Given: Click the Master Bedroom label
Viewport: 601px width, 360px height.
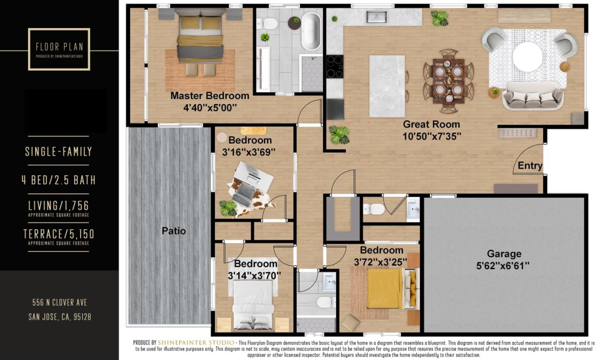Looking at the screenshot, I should pyautogui.click(x=210, y=96).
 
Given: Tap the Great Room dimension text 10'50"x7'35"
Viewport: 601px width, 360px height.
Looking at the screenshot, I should pyautogui.click(x=432, y=136).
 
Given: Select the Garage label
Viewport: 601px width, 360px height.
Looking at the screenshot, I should pyautogui.click(x=504, y=254).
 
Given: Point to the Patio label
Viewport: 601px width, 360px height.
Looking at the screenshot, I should pyautogui.click(x=174, y=231).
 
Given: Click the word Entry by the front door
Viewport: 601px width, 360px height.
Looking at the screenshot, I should pyautogui.click(x=530, y=166).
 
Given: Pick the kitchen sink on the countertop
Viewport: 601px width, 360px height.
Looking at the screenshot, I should pyautogui.click(x=377, y=17).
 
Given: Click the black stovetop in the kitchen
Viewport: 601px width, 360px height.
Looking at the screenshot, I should pyautogui.click(x=335, y=67).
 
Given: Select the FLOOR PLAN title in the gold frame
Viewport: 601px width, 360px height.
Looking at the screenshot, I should pyautogui.click(x=59, y=47).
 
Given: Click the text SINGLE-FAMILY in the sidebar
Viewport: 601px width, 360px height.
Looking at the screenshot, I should pyautogui.click(x=58, y=151).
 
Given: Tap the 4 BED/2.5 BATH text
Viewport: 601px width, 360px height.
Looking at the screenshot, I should pyautogui.click(x=58, y=180).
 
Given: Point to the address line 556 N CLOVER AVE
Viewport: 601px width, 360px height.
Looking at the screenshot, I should pyautogui.click(x=60, y=302).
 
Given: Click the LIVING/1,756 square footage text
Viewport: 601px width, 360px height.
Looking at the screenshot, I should pyautogui.click(x=58, y=205).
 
